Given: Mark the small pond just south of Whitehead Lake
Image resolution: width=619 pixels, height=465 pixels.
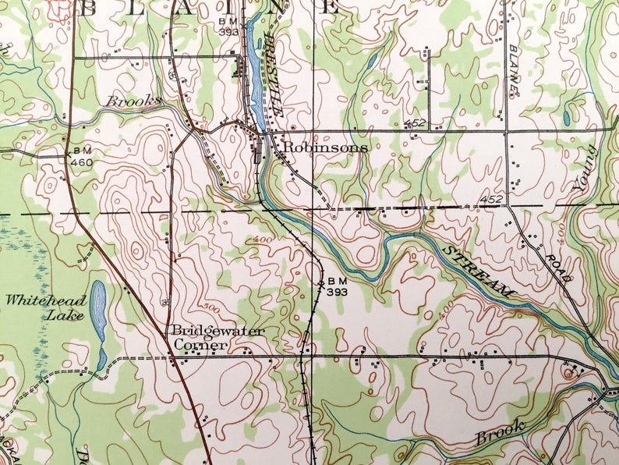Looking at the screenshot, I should [x=102, y=360].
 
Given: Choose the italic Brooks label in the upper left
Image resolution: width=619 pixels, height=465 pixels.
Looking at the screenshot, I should [x=133, y=101].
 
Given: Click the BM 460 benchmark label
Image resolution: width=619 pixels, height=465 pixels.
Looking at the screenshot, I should [x=83, y=157].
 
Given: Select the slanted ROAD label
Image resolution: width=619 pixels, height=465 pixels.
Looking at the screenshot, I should [x=560, y=268].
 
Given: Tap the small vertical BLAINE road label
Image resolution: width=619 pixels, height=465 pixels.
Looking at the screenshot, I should [x=513, y=70].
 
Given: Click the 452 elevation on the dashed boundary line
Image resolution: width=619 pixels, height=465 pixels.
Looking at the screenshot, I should [x=491, y=200].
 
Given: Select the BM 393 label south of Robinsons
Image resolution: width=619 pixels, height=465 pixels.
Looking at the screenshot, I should [x=335, y=286].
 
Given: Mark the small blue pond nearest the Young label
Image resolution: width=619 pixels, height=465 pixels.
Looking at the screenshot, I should [x=565, y=119].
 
